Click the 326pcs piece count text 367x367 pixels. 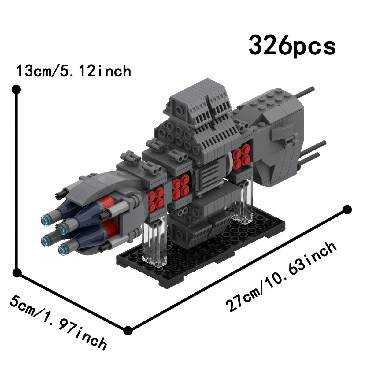(292, 47)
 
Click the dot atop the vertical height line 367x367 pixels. (16, 89)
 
